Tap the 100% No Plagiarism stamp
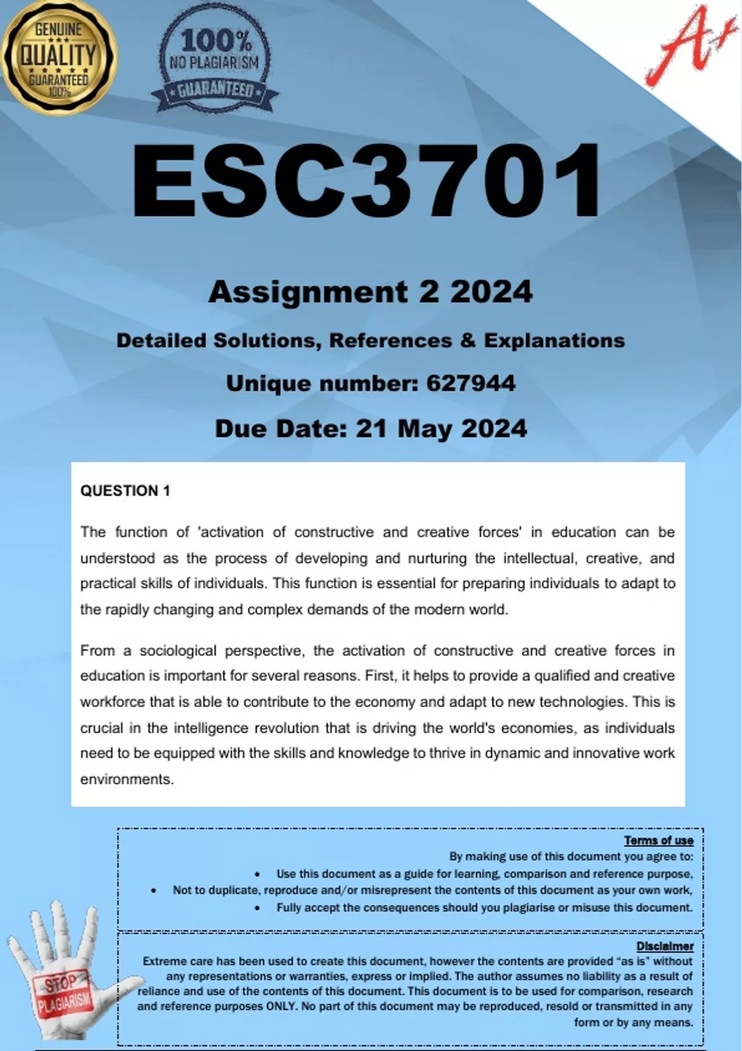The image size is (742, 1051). click(x=215, y=66)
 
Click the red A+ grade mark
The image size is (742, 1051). click(x=684, y=46)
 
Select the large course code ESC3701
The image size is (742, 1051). click(x=366, y=181)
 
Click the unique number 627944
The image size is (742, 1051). click(x=471, y=383)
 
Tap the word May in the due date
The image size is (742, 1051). click(x=424, y=428)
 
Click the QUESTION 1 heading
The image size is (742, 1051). click(x=125, y=491)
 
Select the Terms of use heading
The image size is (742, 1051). click(x=659, y=840)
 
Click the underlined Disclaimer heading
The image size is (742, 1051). click(x=665, y=947)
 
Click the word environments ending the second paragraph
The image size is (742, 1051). click(x=127, y=779)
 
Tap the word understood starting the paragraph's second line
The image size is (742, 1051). click(x=117, y=558)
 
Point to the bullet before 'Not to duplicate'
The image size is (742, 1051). click(x=153, y=891)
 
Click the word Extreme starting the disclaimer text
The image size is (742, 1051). click(x=163, y=961)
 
